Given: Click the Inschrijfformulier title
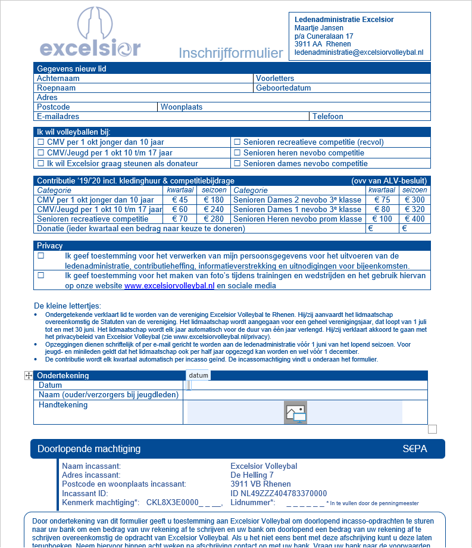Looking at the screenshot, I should [x=231, y=54].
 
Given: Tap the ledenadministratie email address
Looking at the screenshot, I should [x=359, y=53].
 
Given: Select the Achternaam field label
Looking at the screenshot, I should [x=58, y=79].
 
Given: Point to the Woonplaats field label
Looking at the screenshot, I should [x=182, y=107].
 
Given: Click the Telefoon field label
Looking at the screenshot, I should [x=328, y=117].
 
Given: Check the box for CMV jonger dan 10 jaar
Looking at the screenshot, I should [x=41, y=142].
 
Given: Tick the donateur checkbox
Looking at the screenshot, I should [x=41, y=164].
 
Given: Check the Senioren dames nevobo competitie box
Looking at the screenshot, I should [x=237, y=164].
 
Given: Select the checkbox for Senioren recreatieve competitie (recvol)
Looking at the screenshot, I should [x=237, y=142].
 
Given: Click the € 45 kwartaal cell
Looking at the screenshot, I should [x=180, y=200].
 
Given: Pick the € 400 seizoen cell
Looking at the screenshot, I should [x=415, y=219].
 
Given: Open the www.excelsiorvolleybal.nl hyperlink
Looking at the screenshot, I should [x=169, y=286].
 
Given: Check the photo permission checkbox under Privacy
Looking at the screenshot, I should [x=41, y=276].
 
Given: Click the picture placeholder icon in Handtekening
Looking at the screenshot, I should [x=295, y=412].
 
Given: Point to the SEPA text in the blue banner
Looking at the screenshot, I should [x=414, y=449].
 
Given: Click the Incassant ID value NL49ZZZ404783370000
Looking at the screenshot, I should [x=279, y=494].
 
